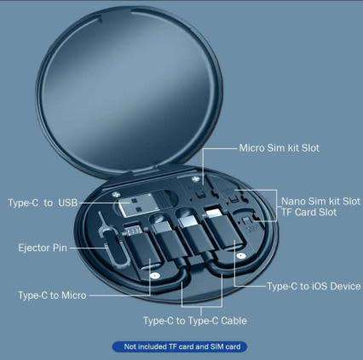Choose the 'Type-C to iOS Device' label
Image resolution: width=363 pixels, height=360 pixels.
(x=314, y=286)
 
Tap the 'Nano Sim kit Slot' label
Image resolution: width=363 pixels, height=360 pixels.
(x=320, y=201)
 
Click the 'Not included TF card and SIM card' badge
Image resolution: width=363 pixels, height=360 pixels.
(x=181, y=347)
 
